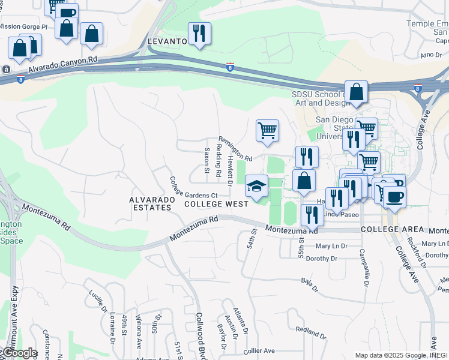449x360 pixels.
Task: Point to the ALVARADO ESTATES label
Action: pyautogui.click(x=151, y=203)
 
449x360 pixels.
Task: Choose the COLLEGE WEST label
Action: pyautogui.click(x=217, y=204)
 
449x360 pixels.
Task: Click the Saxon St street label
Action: pyautogui.click(x=206, y=161)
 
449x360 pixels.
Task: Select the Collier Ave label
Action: pyautogui.click(x=259, y=350)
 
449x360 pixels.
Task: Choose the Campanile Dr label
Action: pyautogui.click(x=363, y=267)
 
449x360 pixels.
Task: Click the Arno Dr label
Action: pyautogui.click(x=431, y=55)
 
